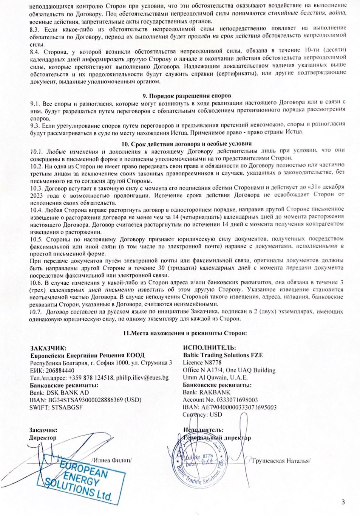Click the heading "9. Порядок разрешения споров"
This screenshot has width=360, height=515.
click(x=187, y=96)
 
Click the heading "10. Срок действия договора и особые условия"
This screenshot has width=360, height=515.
click(x=187, y=144)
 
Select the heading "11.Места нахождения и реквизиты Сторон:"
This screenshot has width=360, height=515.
click(x=185, y=333)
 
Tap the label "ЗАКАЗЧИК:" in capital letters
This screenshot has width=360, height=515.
click(x=48, y=348)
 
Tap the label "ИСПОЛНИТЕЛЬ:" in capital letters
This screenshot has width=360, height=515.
click(x=210, y=347)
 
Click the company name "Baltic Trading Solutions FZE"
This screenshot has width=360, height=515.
click(x=223, y=355)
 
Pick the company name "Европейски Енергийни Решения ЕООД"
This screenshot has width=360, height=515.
click(x=87, y=355)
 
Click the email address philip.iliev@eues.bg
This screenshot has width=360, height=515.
click(x=142, y=377)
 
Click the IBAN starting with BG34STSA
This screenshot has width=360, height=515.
click(x=85, y=400)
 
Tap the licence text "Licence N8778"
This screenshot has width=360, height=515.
click(x=202, y=363)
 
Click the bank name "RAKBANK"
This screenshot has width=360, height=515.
click(x=215, y=392)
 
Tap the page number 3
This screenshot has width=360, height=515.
click(x=343, y=502)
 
